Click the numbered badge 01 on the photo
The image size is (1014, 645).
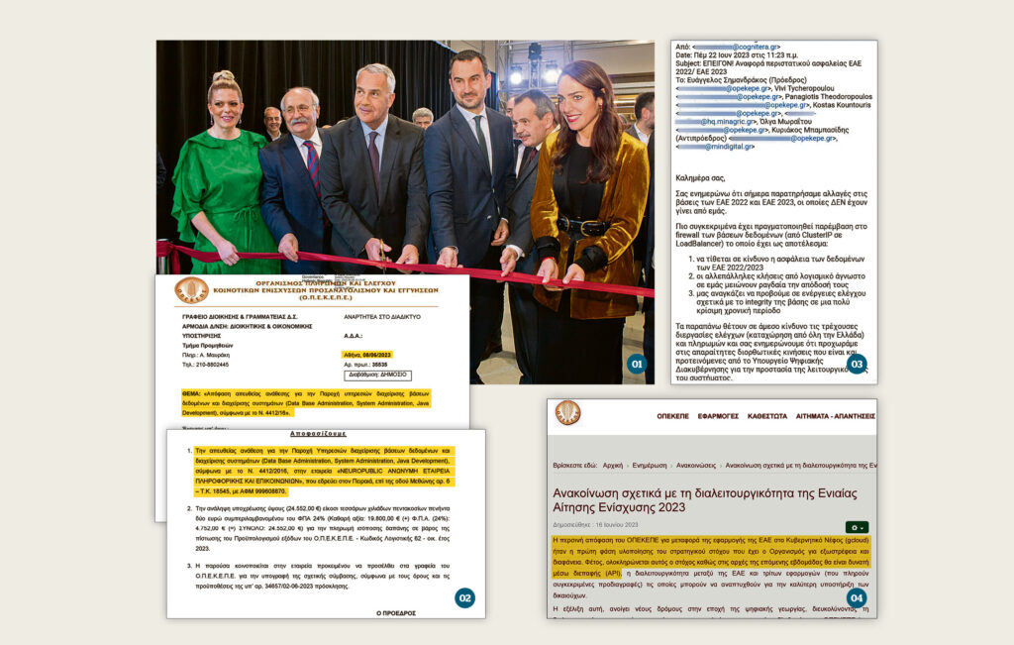637,365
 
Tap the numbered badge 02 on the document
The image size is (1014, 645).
464,597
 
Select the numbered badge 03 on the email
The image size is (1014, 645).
856,364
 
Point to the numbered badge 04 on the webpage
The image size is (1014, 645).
856,597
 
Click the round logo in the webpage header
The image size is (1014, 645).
568,413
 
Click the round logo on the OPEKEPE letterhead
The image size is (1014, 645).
191,289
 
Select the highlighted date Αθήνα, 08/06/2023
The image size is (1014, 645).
368,354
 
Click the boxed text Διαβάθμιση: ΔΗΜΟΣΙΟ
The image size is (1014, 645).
377,376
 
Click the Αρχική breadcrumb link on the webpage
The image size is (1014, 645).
613,465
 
